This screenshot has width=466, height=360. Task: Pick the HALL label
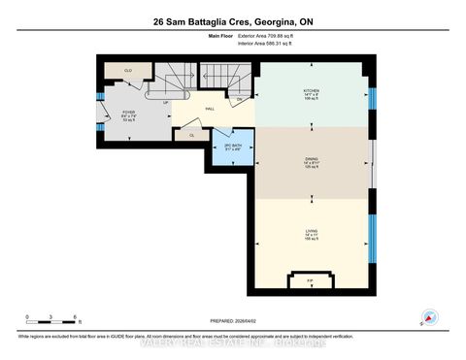(210, 109)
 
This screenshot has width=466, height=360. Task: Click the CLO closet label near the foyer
(127, 71)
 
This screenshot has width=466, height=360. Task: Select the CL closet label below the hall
(192, 136)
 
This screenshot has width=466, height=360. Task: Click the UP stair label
(166, 102)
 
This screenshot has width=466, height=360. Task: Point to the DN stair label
(240, 99)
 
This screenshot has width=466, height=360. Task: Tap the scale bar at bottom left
(52, 320)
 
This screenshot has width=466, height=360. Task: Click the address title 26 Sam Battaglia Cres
(232, 19)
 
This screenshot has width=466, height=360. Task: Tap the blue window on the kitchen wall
(372, 100)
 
